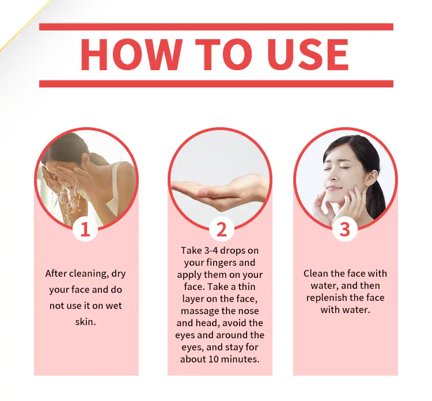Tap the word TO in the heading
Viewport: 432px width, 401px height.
(223, 55)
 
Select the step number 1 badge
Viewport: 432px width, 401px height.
(85, 229)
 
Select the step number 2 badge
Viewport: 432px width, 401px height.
(222, 229)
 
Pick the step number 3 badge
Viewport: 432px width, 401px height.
(345, 229)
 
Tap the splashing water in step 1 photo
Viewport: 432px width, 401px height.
(66, 201)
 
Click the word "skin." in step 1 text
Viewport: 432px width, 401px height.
(85, 322)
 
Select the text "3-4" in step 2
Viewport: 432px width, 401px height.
(211, 251)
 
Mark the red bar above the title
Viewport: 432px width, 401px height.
(216, 27)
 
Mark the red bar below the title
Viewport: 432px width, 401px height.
(216, 84)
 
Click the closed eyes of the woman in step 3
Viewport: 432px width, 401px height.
(336, 169)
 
